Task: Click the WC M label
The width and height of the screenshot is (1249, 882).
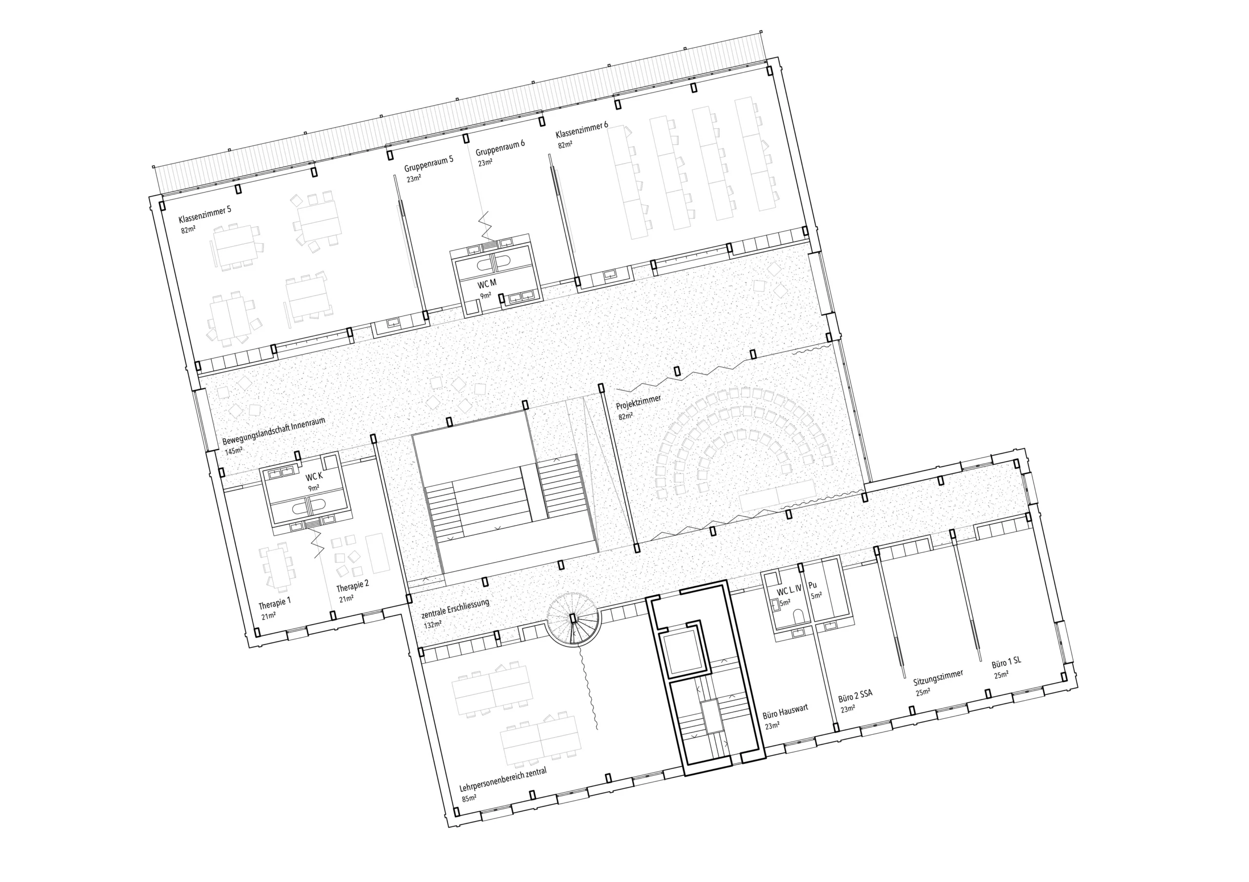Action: (x=487, y=284)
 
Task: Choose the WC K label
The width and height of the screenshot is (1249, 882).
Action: (x=314, y=477)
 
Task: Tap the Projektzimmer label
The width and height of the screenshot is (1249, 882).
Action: (x=639, y=402)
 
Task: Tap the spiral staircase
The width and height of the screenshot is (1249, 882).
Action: (x=573, y=619)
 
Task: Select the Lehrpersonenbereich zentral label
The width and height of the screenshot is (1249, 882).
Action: (x=503, y=780)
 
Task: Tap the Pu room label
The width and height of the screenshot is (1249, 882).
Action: (x=813, y=585)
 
